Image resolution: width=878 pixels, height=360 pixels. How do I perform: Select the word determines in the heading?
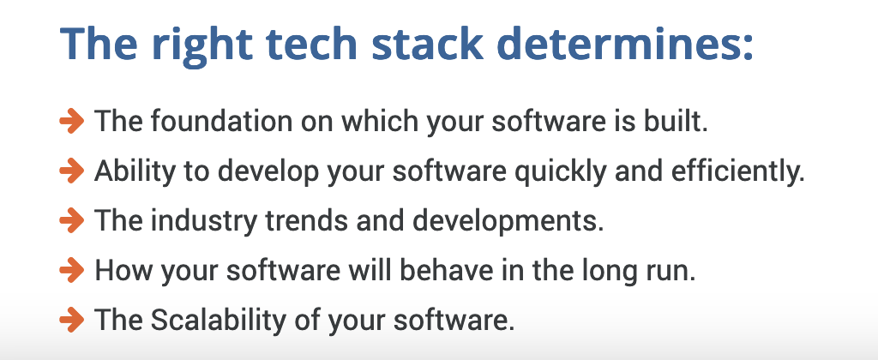tap(625, 43)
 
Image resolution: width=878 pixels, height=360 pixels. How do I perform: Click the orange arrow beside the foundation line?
tap(72, 122)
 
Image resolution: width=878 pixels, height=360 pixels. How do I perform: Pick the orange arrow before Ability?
tap(72, 171)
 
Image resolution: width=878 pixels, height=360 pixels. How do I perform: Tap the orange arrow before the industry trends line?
tap(72, 221)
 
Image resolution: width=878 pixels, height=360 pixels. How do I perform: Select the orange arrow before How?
tap(72, 271)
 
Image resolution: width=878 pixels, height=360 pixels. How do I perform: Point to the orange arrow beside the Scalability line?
tap(72, 321)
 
